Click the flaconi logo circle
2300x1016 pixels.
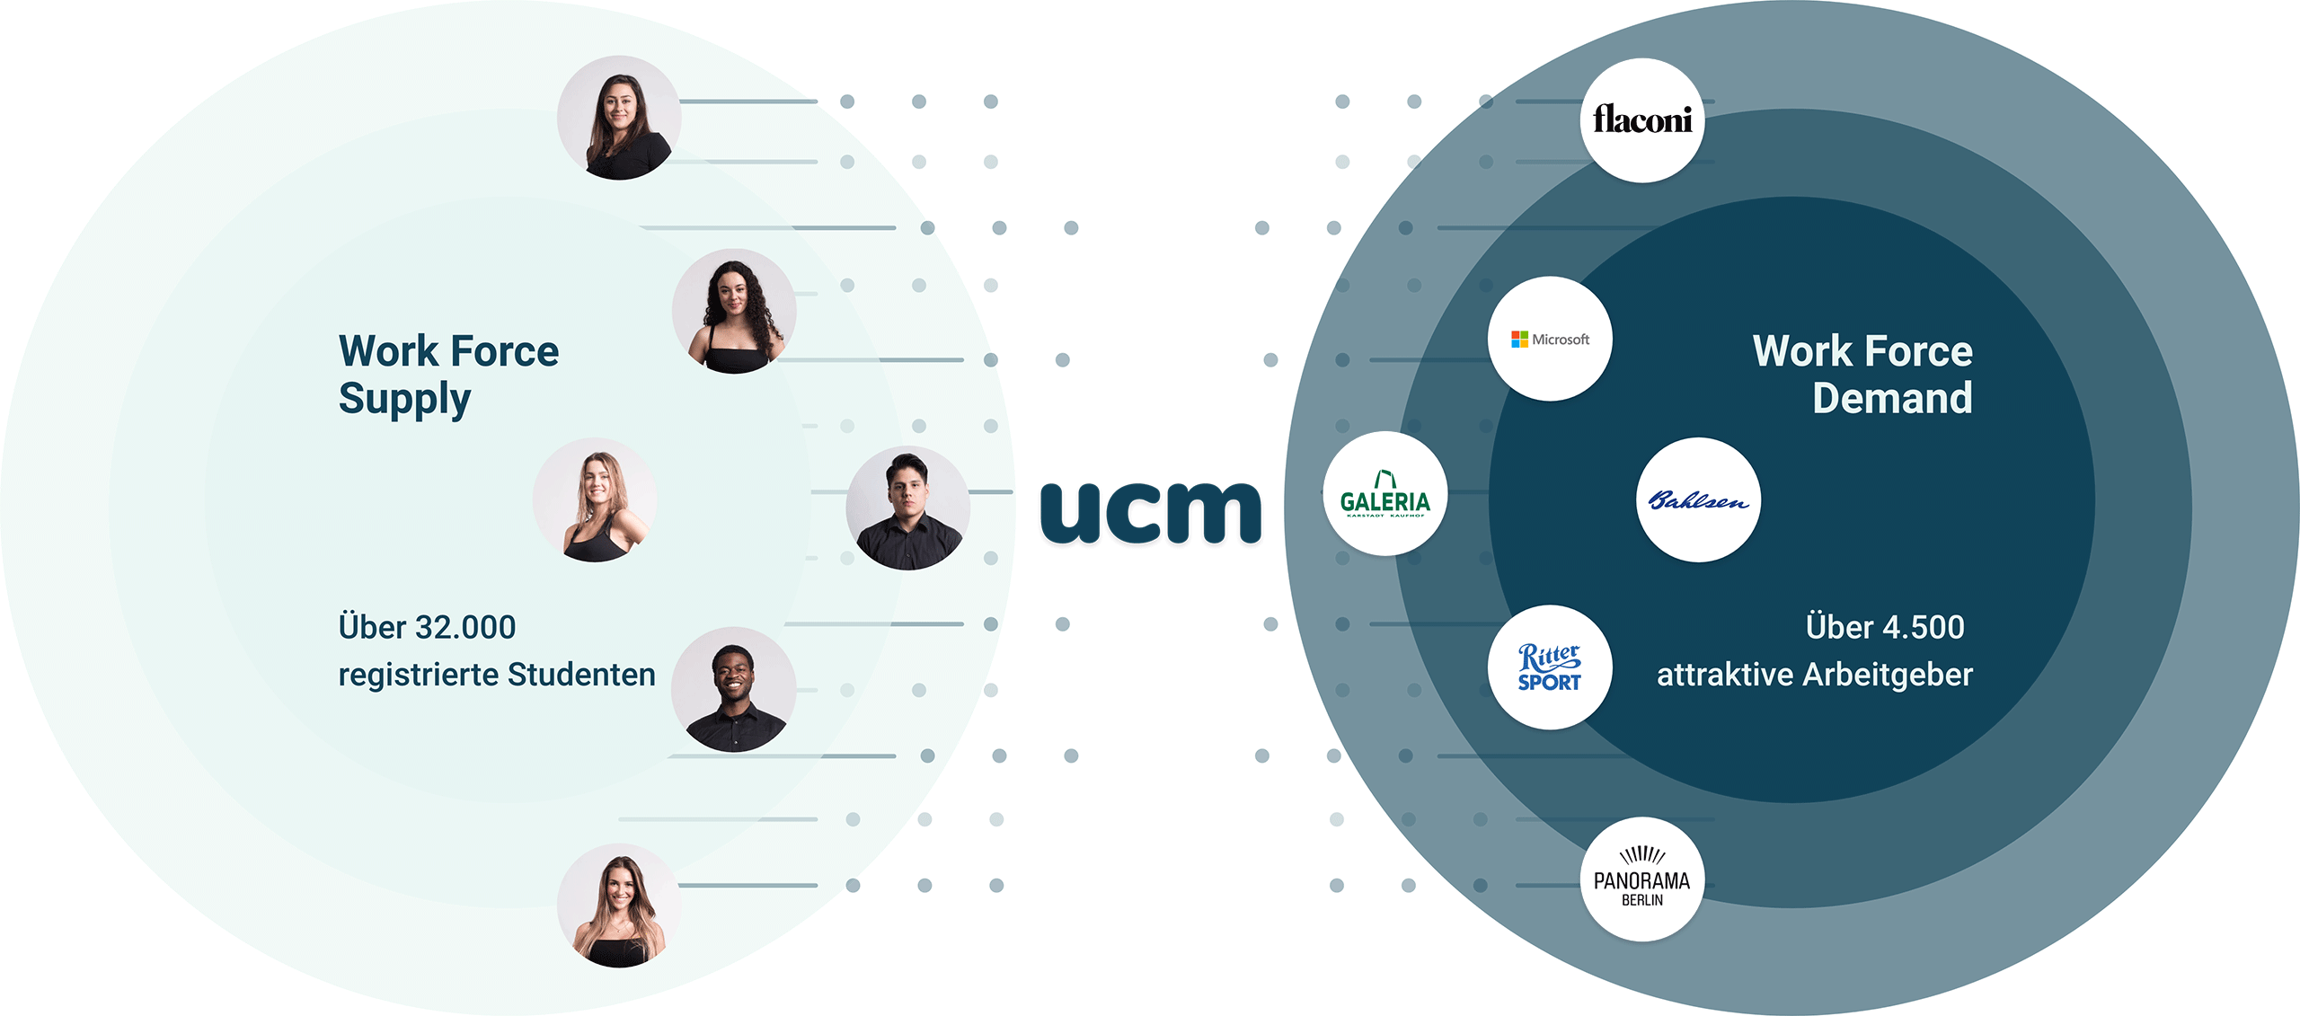[1641, 119]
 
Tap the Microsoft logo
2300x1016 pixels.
[1550, 339]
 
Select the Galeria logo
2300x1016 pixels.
[1384, 494]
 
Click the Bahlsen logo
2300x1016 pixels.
[1698, 500]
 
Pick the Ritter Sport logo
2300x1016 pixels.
[1550, 667]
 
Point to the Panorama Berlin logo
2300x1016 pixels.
[1641, 879]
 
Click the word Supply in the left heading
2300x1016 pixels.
[404, 399]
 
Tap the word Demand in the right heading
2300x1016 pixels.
[1892, 398]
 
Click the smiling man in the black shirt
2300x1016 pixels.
[733, 689]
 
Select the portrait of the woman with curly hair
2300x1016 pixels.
[734, 312]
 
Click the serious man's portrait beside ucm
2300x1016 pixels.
[907, 508]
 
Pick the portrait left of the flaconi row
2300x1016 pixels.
[619, 118]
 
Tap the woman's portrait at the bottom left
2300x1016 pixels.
[619, 906]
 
